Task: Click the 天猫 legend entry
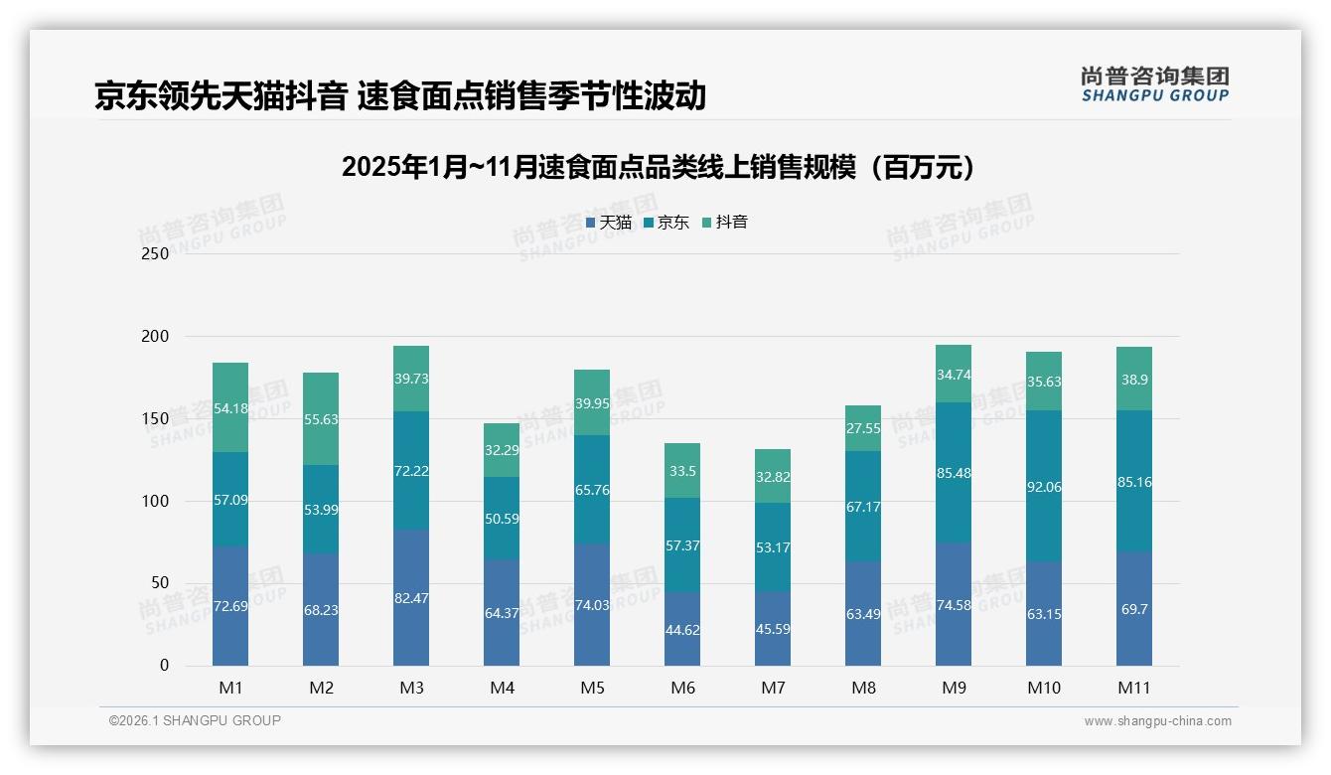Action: point(609,223)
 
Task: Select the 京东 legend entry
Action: point(666,223)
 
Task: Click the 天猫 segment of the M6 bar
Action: point(682,629)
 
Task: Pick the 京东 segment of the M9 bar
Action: point(954,472)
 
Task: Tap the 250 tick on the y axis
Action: point(156,254)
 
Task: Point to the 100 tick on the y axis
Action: point(156,501)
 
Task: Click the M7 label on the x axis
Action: point(773,688)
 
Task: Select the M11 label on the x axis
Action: point(1134,688)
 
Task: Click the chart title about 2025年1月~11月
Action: point(659,167)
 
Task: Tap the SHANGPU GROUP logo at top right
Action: point(1154,84)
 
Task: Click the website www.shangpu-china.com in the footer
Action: point(1157,721)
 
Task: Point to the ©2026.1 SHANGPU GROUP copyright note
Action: point(195,720)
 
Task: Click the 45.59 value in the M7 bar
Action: point(773,629)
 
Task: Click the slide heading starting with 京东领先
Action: point(399,96)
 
